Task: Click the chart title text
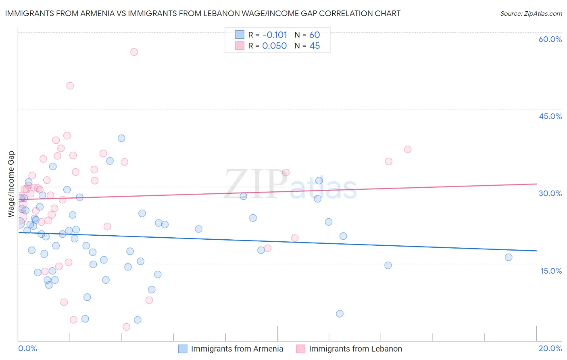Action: [x=203, y=13]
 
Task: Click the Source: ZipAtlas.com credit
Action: [x=531, y=14]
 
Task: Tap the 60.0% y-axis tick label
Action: [x=550, y=39]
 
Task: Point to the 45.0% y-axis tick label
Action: [x=550, y=116]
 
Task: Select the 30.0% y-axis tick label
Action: [x=550, y=193]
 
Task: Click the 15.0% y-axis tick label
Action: [x=551, y=271]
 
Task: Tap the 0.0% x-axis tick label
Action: [x=27, y=348]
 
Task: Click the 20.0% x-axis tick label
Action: [x=550, y=348]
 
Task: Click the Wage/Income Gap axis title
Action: [x=11, y=184]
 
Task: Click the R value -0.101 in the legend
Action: [x=275, y=35]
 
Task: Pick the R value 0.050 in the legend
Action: [x=274, y=46]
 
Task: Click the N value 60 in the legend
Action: [x=315, y=35]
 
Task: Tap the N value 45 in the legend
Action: [x=315, y=46]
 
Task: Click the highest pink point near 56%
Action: [x=134, y=52]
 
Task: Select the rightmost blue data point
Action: [x=509, y=257]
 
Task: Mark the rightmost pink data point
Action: [x=408, y=149]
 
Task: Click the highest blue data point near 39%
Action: [x=121, y=138]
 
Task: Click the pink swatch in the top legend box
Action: [x=240, y=46]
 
